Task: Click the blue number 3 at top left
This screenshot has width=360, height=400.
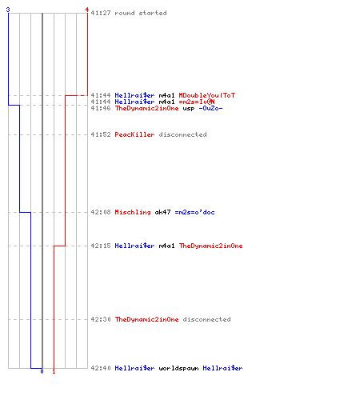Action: click(8, 10)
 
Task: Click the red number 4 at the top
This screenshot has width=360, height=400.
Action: click(87, 10)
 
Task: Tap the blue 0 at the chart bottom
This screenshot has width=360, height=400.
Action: click(42, 371)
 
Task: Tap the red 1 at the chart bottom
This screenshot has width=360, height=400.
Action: click(54, 371)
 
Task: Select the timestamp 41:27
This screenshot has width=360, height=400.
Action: click(101, 13)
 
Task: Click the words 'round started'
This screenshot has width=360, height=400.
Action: click(141, 13)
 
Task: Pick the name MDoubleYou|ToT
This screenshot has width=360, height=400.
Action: click(207, 95)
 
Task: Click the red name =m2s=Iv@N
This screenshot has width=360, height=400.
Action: click(197, 102)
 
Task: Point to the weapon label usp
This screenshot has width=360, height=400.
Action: click(189, 108)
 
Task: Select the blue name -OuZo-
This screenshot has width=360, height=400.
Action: click(210, 108)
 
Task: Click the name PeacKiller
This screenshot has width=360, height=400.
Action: click(134, 134)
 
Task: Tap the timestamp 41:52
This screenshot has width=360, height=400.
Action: click(101, 134)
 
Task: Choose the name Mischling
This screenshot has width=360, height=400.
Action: click(133, 212)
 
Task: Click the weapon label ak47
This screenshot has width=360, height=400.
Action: click(162, 212)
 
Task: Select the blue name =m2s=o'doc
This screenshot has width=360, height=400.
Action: click(194, 212)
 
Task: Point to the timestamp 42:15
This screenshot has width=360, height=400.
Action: click(101, 246)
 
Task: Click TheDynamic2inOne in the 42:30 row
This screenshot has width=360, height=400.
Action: click(146, 319)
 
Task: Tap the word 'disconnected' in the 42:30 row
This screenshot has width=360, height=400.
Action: click(206, 319)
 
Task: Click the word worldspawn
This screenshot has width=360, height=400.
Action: click(178, 368)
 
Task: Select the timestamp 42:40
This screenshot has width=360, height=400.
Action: click(101, 368)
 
